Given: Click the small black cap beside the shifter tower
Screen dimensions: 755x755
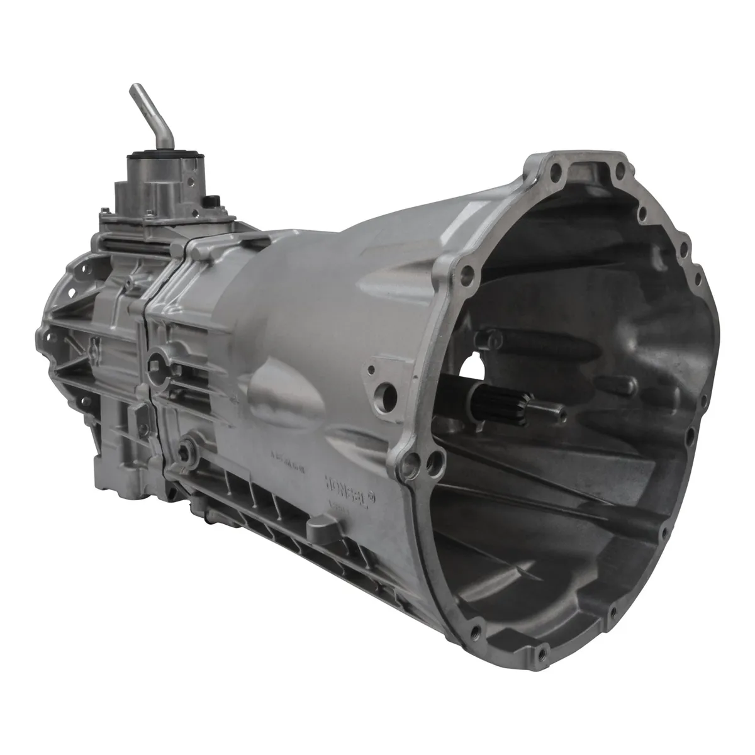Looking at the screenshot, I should [210, 201].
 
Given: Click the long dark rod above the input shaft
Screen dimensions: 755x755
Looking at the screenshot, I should [503, 343].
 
